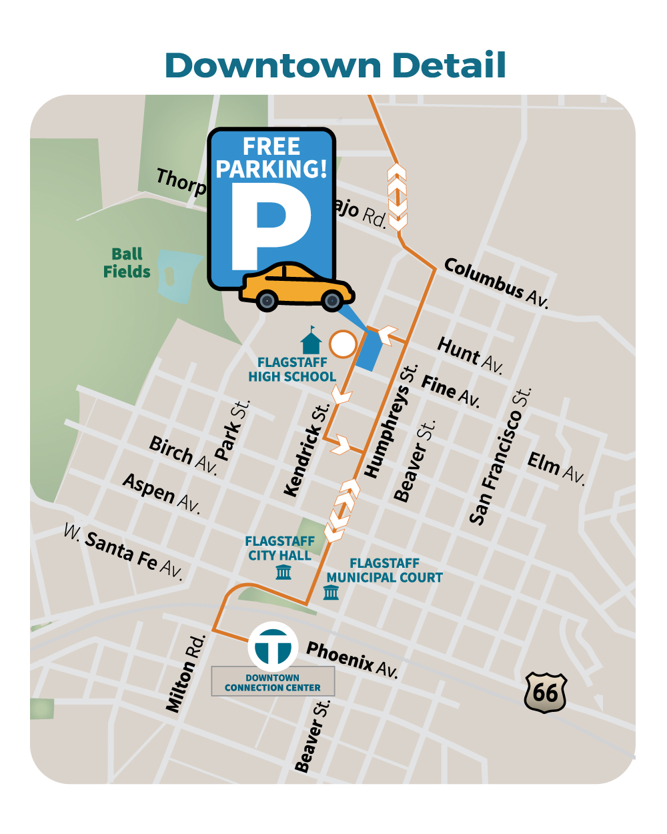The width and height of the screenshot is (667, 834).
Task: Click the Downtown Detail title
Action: pyautogui.click(x=335, y=65)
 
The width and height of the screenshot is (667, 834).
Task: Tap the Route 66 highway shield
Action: pyautogui.click(x=546, y=692)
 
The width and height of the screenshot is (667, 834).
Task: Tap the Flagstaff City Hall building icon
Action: pyautogui.click(x=283, y=572)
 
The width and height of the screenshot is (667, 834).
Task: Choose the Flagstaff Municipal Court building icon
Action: pyautogui.click(x=331, y=592)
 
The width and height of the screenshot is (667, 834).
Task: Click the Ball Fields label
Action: pyautogui.click(x=127, y=263)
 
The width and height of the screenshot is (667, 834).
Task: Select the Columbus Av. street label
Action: pyautogui.click(x=496, y=283)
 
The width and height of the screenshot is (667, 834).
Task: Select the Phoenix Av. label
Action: pyautogui.click(x=352, y=659)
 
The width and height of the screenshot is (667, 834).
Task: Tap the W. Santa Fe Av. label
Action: pyautogui.click(x=123, y=551)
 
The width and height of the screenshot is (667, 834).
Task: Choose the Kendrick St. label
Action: pyautogui.click(x=306, y=450)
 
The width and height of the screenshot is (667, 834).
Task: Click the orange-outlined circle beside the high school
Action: pyautogui.click(x=344, y=344)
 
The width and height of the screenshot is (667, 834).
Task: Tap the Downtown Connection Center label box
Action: pyautogui.click(x=273, y=682)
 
